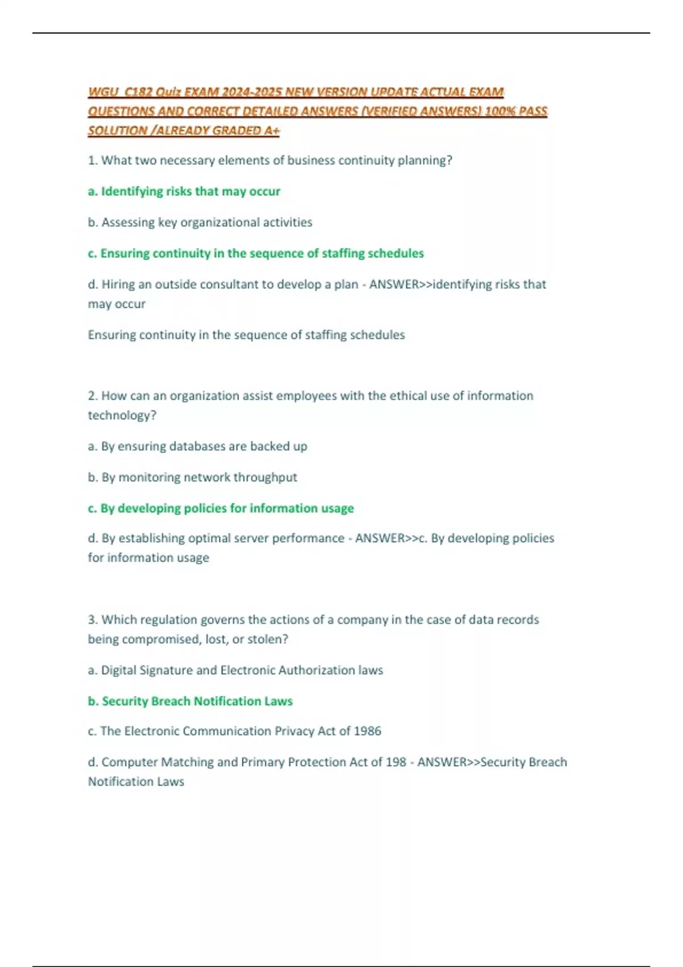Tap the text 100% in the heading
coord(499,111)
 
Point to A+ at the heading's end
coord(272,130)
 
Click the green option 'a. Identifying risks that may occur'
coord(184,191)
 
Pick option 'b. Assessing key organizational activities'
coord(200,222)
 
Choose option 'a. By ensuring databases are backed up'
coord(198,446)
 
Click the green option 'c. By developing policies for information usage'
coord(221,508)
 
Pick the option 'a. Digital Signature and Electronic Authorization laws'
coord(236,670)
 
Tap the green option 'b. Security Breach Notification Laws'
coord(190,701)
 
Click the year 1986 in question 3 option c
coord(368,731)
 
